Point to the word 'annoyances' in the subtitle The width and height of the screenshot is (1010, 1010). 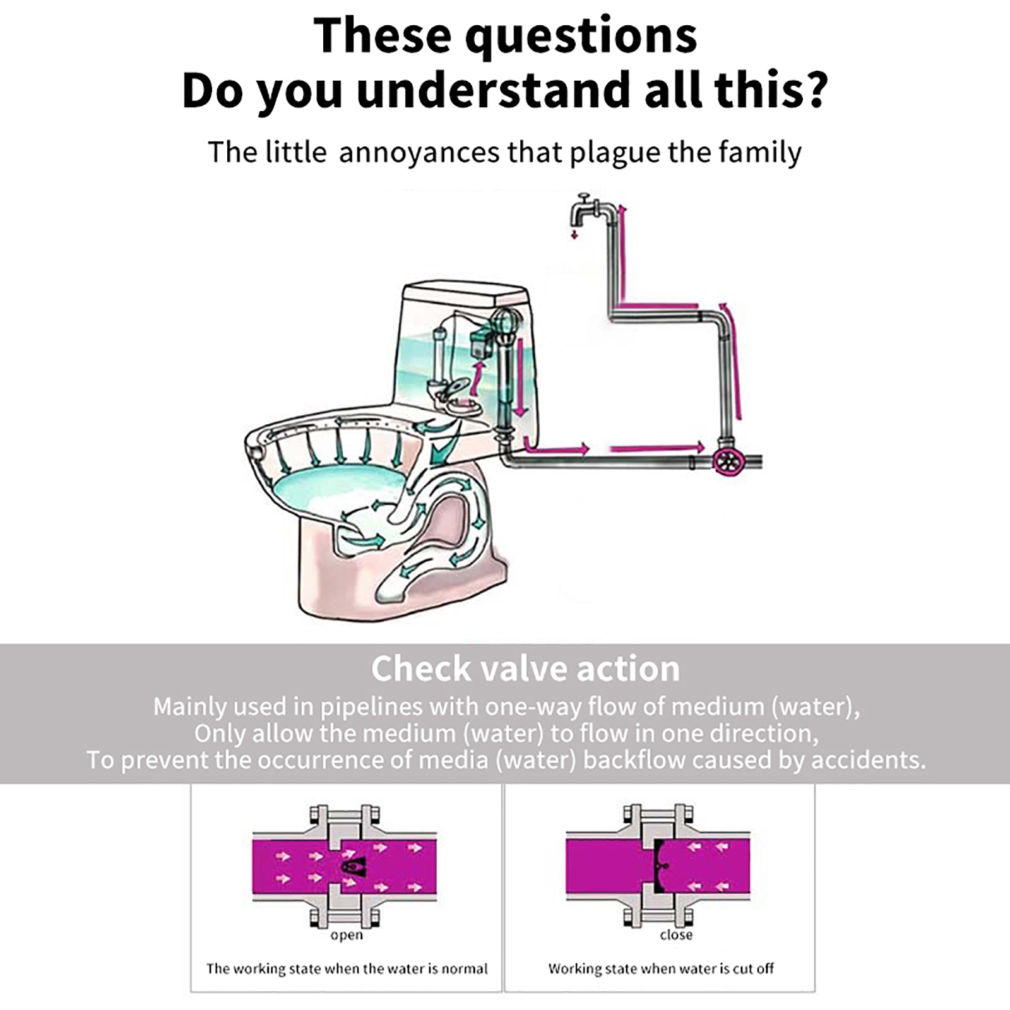[419, 153]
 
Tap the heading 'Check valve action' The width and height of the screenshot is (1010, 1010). [525, 668]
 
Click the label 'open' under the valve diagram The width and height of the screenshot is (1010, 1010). [347, 936]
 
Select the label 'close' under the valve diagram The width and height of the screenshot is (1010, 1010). [676, 934]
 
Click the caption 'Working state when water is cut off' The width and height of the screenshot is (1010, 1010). [661, 968]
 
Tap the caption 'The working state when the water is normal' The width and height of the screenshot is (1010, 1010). [347, 969]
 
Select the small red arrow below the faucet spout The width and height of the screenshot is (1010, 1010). [574, 235]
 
